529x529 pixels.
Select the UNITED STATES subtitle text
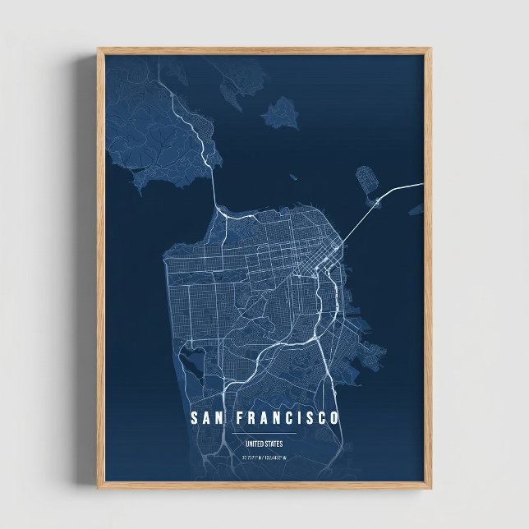point(264,444)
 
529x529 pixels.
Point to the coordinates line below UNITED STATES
point(264,457)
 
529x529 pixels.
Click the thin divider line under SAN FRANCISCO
point(264,433)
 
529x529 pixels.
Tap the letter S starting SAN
point(194,418)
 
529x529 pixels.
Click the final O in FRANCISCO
point(333,418)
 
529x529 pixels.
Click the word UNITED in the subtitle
point(253,444)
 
